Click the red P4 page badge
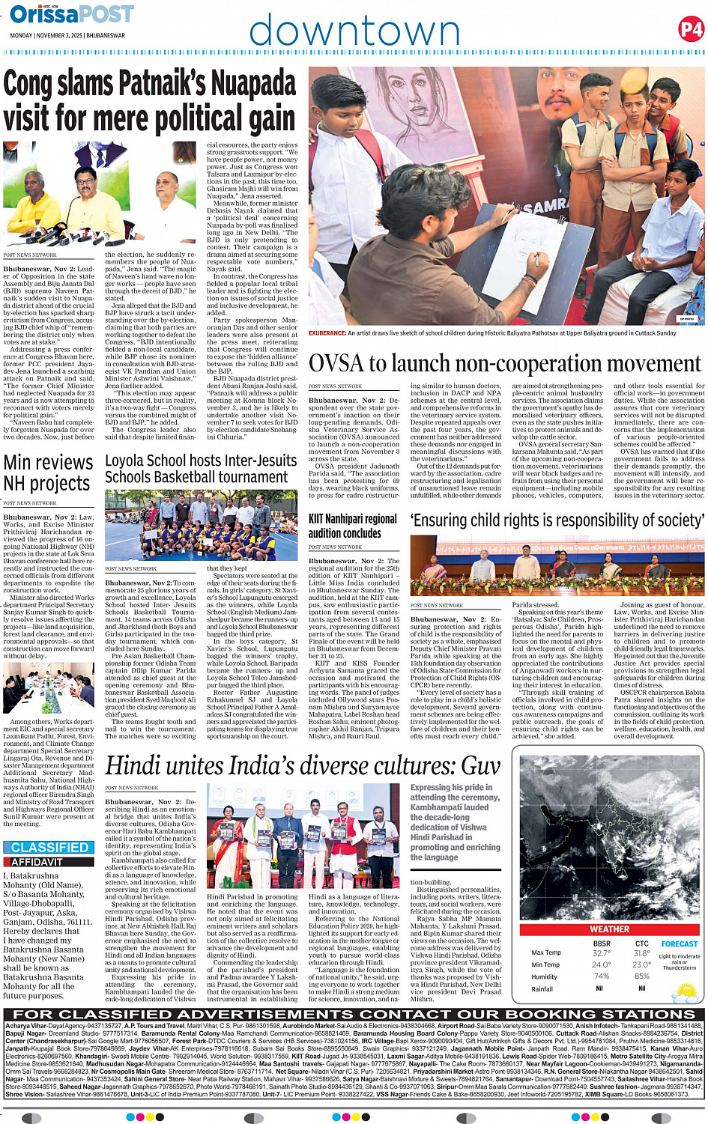[x=690, y=29]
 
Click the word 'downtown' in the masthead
[x=354, y=31]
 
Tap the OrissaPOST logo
[x=72, y=14]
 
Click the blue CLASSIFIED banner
[x=49, y=847]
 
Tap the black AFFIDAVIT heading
[x=37, y=861]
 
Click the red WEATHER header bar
[x=609, y=929]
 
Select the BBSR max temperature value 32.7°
[x=601, y=953]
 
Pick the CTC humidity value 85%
[x=641, y=976]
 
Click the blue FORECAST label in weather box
[x=679, y=944]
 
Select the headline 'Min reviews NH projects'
[x=47, y=473]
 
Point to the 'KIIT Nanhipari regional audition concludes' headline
[x=353, y=526]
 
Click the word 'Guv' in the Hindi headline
[x=480, y=765]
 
